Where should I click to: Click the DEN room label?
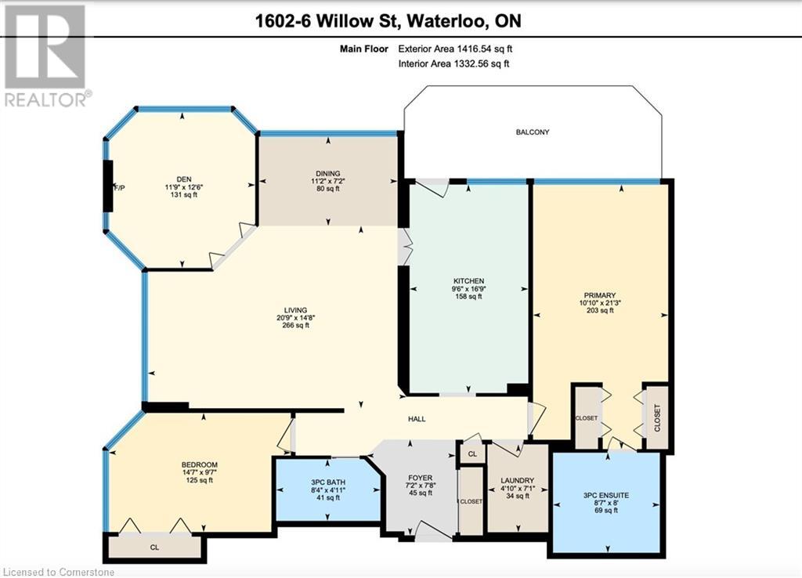[x=183, y=179]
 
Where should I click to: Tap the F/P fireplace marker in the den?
[x=120, y=189]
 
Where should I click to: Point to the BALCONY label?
[x=532, y=132]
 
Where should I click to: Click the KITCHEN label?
[x=468, y=280]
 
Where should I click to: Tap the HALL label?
[x=417, y=420]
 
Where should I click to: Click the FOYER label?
[x=420, y=478]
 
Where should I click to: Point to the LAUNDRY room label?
[x=518, y=481]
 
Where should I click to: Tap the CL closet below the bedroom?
[x=155, y=547]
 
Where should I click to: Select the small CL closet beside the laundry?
[x=471, y=453]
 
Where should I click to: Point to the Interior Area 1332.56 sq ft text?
[x=454, y=64]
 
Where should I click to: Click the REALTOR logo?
[x=46, y=55]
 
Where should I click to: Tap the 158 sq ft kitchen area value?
[x=468, y=297]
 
